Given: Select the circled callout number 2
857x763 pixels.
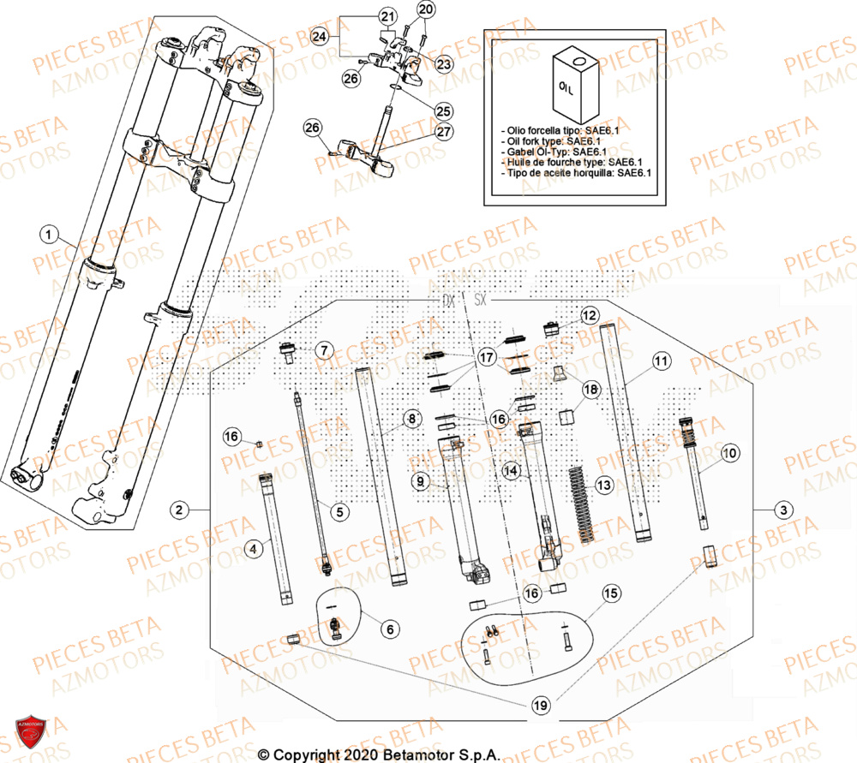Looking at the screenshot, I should pyautogui.click(x=179, y=510).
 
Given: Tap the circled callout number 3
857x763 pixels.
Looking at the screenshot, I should pyautogui.click(x=782, y=510).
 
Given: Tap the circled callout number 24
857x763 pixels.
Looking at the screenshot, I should pyautogui.click(x=320, y=36).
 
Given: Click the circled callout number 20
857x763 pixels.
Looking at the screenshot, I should pyautogui.click(x=426, y=9).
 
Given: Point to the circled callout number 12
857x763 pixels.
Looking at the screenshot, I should pyautogui.click(x=588, y=316).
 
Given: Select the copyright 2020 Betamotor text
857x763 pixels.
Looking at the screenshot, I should pyautogui.click(x=379, y=754).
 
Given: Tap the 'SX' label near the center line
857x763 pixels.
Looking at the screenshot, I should pyautogui.click(x=480, y=301).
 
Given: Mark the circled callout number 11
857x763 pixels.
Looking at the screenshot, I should pyautogui.click(x=660, y=361).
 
